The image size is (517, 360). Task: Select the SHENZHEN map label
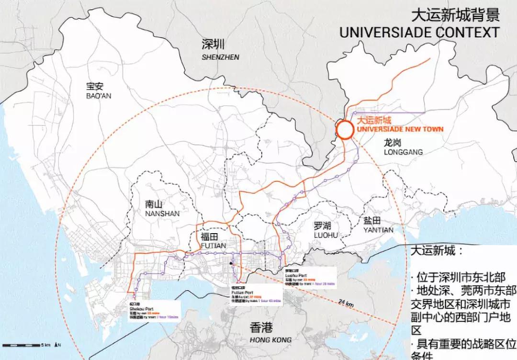[x=220, y=57]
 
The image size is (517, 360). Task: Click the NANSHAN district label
[x=162, y=214]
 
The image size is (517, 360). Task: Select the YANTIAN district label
[x=378, y=230]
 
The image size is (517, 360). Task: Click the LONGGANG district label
[x=403, y=152]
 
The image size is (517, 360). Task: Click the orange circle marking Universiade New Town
[x=345, y=129]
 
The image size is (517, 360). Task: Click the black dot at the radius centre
[x=231, y=263]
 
